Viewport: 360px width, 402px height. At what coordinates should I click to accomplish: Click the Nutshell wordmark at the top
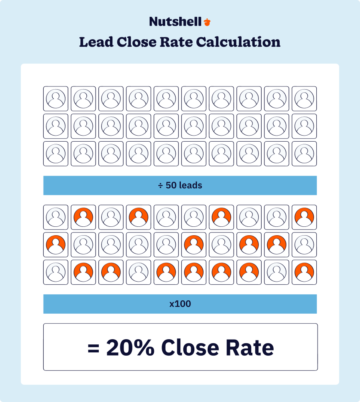[x=175, y=22]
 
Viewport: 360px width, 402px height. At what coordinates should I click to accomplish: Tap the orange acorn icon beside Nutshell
[x=207, y=22]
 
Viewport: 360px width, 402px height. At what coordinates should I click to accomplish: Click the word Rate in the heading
[x=176, y=42]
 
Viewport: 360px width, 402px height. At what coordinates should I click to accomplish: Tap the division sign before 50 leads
[x=160, y=186]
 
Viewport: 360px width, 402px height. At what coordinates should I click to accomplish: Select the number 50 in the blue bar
[x=171, y=186]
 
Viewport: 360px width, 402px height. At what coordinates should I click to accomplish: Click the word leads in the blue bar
[x=190, y=186]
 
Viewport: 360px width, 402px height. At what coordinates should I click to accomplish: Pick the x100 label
[x=180, y=304]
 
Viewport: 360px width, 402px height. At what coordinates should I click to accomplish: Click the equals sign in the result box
[x=93, y=347]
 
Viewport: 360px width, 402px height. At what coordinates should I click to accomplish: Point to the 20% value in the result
[x=130, y=347]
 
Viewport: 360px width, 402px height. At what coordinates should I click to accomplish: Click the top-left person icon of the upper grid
[x=56, y=99]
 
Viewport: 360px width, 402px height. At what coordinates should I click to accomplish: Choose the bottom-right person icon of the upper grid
[x=304, y=154]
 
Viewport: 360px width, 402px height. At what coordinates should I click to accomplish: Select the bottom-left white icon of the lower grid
[x=56, y=272]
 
